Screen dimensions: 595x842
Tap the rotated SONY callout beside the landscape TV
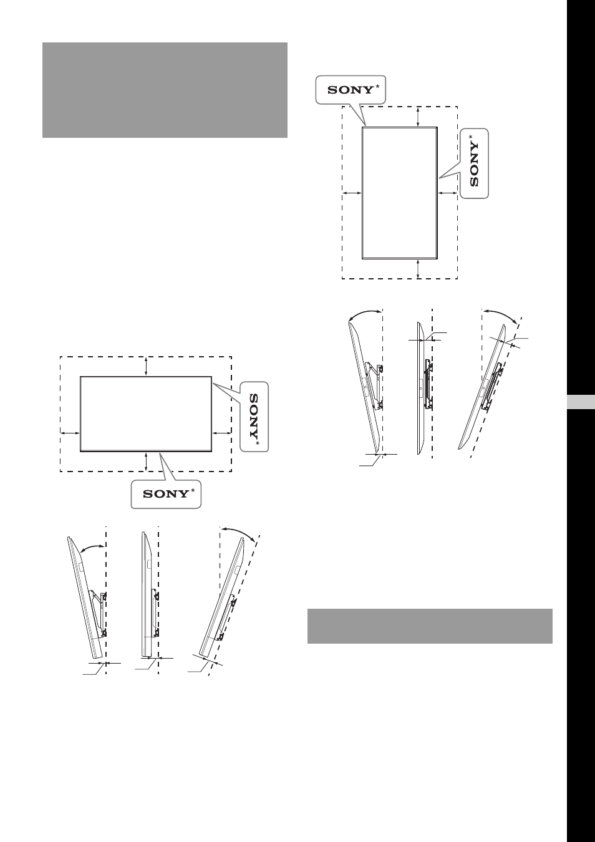[254, 417]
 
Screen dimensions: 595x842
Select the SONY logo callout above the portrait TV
[351, 90]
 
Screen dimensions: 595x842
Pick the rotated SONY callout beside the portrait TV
[474, 163]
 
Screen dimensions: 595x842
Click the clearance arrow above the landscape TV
[146, 367]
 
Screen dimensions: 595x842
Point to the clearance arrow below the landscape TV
[146, 462]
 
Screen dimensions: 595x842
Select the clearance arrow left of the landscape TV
[70, 433]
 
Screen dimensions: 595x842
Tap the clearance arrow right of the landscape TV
[222, 433]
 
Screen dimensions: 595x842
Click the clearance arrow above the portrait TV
[418, 117]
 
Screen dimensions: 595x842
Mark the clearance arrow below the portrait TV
[418, 269]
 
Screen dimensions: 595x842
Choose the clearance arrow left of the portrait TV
[352, 193]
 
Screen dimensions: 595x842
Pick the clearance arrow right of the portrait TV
[448, 193]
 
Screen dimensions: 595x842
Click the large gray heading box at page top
[165, 90]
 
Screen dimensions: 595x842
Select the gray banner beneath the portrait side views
[430, 626]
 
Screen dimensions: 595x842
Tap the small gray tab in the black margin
[581, 402]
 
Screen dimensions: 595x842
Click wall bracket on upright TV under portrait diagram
[428, 384]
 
